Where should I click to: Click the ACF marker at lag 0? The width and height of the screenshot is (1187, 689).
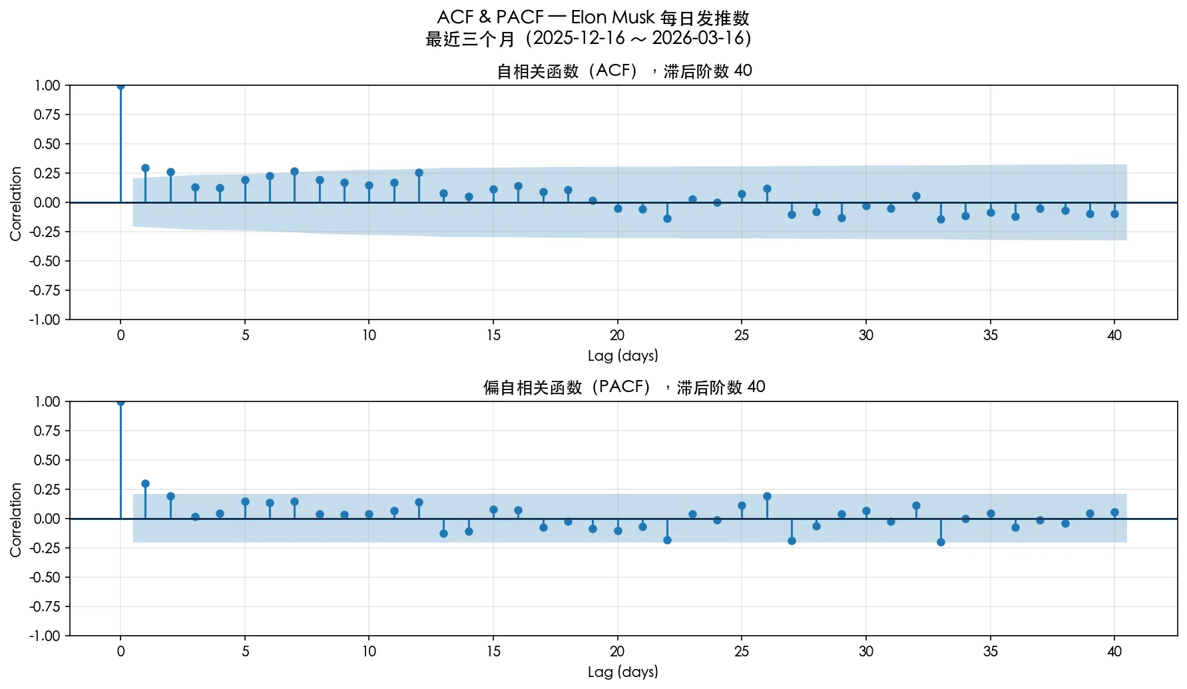pos(120,86)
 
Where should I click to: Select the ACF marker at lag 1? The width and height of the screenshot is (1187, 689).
pos(145,168)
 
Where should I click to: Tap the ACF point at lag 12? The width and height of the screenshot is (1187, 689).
pos(419,173)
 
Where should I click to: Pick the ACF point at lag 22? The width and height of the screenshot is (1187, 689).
pos(667,218)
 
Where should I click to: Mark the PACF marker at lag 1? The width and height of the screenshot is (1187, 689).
pos(145,484)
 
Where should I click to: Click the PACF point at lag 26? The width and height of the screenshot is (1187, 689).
pos(767,496)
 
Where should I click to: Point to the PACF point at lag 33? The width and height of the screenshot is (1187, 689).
pos(941,542)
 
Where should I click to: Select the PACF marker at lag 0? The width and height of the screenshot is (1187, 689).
pos(120,402)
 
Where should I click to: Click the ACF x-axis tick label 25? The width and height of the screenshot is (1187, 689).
pos(742,336)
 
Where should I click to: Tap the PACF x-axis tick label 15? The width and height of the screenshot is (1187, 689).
pos(493,652)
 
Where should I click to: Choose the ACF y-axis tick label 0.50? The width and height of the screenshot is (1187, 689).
pos(47,144)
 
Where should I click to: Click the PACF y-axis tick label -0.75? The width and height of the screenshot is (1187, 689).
pos(45,606)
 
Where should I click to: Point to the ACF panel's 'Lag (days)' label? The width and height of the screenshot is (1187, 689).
pos(622,355)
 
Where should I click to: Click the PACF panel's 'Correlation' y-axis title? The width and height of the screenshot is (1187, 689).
pos(16,519)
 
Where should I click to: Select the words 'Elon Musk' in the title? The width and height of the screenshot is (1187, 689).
pos(612,17)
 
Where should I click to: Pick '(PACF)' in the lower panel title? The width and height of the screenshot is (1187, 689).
pos(622,387)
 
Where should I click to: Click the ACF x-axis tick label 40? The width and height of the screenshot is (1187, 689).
pos(1114,336)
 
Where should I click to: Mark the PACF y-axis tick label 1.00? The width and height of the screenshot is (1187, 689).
pos(47,401)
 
